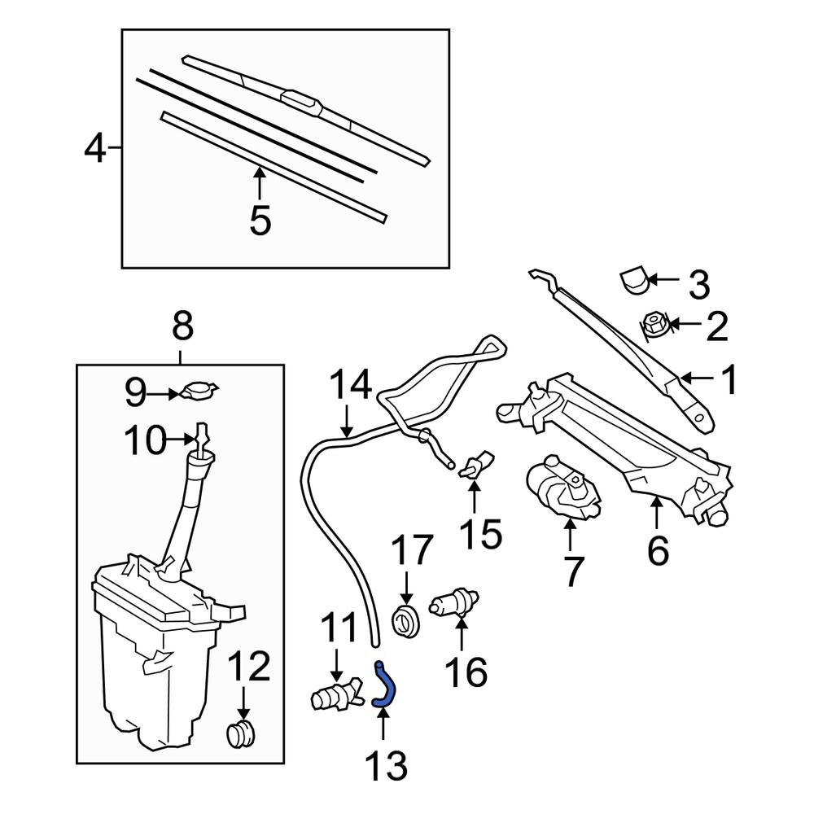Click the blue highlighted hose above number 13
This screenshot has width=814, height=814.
point(386,685)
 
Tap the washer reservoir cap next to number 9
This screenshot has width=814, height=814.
point(199,392)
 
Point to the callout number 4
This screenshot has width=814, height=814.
point(95,149)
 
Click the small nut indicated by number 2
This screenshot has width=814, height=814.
point(656,326)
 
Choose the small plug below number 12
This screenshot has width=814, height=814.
point(240,733)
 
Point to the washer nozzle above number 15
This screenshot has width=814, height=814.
point(474,466)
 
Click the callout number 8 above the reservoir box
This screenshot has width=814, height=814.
point(182,327)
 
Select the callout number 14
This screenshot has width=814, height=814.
point(350,384)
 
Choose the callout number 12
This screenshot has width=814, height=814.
point(248,667)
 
